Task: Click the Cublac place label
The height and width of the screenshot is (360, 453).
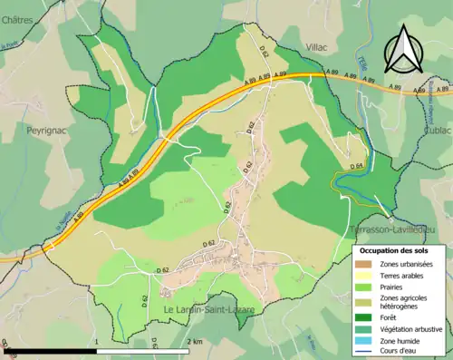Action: (436, 130)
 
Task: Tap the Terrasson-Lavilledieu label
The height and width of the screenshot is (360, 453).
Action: (389, 229)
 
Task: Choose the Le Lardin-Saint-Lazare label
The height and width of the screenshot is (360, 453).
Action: (208, 310)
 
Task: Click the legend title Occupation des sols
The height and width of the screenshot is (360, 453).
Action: (394, 250)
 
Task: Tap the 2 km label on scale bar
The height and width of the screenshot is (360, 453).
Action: (194, 341)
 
